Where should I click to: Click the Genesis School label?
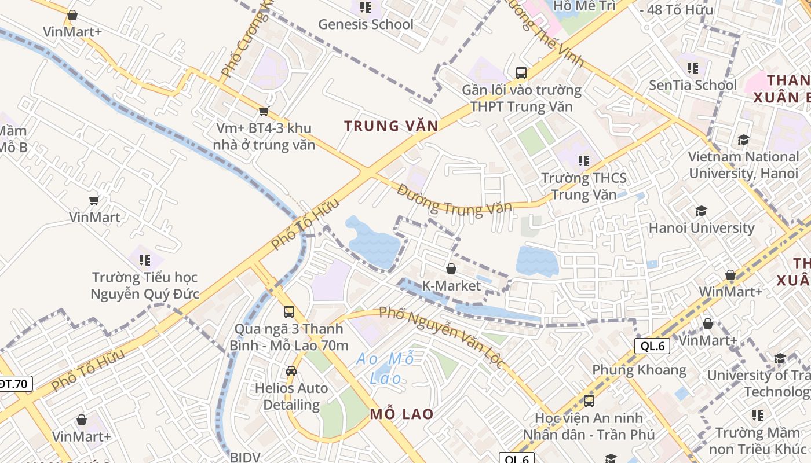(x=366, y=24)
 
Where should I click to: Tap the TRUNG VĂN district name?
(x=391, y=126)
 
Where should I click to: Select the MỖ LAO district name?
(x=401, y=414)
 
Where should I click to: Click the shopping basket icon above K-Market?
(x=451, y=269)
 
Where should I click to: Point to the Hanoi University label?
(x=702, y=228)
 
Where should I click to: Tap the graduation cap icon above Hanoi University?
(x=702, y=211)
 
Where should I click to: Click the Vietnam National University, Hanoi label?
(x=743, y=165)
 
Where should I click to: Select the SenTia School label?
(x=693, y=85)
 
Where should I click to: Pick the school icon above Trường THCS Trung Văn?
(x=583, y=160)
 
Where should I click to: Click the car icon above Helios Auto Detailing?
(x=291, y=371)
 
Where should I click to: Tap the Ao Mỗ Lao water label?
(x=386, y=369)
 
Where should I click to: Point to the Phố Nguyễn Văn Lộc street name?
(x=442, y=337)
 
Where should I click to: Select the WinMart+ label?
(x=730, y=292)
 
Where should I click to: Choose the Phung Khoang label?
(x=639, y=370)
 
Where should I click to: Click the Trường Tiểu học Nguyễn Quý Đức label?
(x=145, y=286)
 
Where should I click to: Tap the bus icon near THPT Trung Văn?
(x=521, y=73)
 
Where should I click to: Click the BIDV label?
(x=245, y=457)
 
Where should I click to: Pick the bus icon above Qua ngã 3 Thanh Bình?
(x=289, y=311)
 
